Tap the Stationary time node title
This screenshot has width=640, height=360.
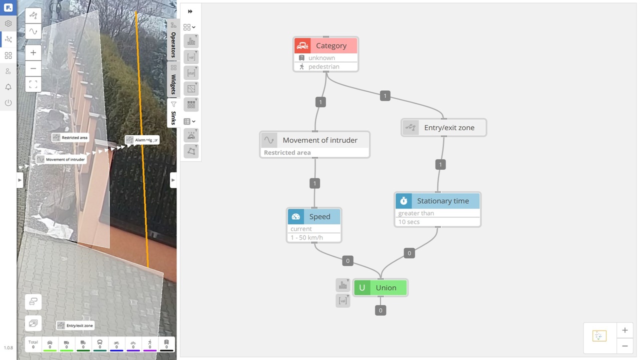pos(442,201)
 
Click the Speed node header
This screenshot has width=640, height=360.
pos(319,216)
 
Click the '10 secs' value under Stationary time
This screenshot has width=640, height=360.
pos(409,222)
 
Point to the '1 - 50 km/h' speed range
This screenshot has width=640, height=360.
pos(306,237)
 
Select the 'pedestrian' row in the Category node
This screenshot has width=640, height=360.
pos(323,66)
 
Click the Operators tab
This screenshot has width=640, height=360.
pos(173,40)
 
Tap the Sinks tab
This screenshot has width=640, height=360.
pos(173,113)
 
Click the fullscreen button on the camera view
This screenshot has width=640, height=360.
pos(33,84)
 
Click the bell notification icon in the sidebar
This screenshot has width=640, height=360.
pos(8,87)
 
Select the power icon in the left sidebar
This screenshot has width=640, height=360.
pos(8,103)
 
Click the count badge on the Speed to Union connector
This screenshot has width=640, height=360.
pos(347,260)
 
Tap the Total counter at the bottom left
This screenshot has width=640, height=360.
pos(33,344)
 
